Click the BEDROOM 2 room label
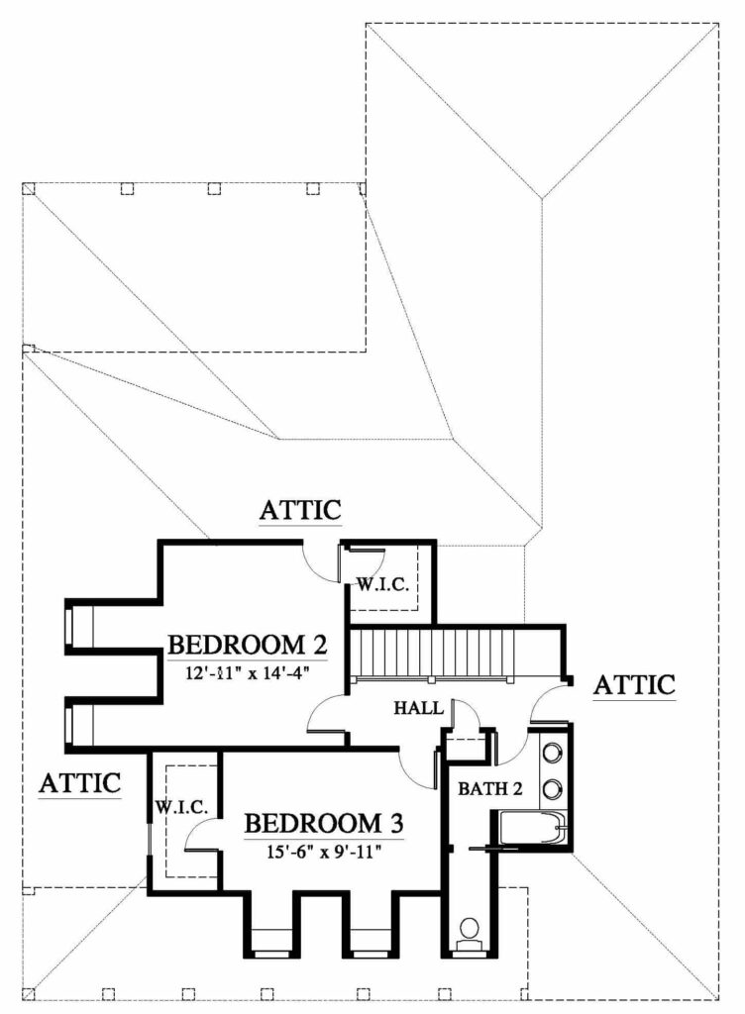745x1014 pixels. [247, 646]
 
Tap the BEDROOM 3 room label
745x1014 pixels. [324, 824]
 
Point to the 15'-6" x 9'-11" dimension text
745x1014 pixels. [323, 852]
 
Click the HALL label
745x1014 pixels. [418, 708]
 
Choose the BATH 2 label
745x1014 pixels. [490, 789]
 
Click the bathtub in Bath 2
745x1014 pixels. [533, 828]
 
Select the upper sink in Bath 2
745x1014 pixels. [552, 753]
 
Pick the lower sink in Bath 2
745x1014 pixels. [552, 789]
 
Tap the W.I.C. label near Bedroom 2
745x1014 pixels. [382, 585]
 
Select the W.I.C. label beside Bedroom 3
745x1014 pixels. [181, 807]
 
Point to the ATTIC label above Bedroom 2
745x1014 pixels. [300, 510]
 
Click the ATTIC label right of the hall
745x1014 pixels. [634, 685]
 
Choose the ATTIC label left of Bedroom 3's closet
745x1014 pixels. [80, 783]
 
